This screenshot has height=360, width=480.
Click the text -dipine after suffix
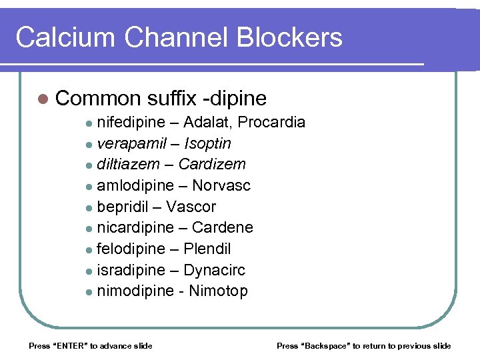click(235, 99)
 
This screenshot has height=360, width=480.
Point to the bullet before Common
click(43, 99)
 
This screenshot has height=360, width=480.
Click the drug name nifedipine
click(130, 123)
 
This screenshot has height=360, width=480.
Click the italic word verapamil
click(129, 144)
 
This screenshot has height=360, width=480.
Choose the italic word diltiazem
click(128, 165)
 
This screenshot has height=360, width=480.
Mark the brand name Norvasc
click(221, 185)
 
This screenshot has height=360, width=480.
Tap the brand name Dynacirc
click(214, 270)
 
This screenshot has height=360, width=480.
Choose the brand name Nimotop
click(219, 291)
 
